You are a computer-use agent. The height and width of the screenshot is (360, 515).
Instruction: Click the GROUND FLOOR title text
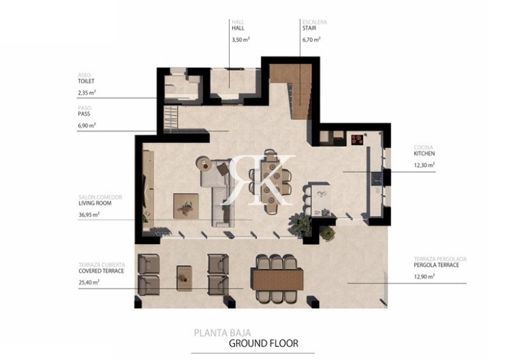tap(263, 344)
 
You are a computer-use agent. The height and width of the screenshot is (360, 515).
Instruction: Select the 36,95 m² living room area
tap(89, 214)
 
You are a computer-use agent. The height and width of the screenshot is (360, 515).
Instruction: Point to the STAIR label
tap(311, 29)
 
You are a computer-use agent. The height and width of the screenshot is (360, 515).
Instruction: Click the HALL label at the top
tap(238, 29)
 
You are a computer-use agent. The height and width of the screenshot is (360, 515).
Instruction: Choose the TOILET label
tap(86, 80)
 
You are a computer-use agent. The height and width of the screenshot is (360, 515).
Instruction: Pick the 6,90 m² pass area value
tap(87, 125)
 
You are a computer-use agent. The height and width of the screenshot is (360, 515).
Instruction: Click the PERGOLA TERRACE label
tap(436, 265)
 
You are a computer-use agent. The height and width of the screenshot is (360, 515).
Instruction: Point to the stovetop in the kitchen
tap(356, 140)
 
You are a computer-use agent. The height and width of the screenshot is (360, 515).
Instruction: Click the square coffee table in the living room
tap(186, 202)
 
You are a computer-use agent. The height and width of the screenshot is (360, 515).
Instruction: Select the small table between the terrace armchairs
tap(183, 274)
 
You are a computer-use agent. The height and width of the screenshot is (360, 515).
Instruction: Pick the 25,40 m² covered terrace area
tap(89, 281)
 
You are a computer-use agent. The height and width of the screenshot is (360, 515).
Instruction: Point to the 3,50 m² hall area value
tap(238, 40)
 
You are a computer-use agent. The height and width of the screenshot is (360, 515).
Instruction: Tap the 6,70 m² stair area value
tap(311, 40)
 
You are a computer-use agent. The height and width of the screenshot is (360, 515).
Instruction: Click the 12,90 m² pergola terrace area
tap(424, 275)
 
